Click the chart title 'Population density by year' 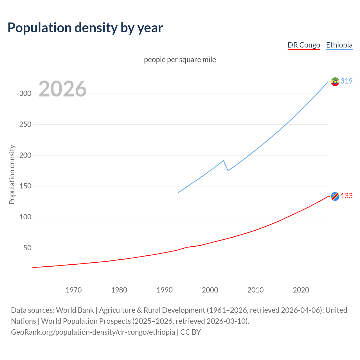tap(85, 28)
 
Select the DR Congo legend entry tap(304, 45)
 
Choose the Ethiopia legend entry tap(339, 45)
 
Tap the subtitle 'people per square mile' tap(180, 60)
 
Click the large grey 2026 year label tap(62, 89)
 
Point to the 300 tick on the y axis tap(25, 94)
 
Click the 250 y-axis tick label tap(25, 124)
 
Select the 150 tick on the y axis tap(25, 186)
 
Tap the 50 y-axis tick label tap(27, 248)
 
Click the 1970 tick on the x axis tap(74, 290)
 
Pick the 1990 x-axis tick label tap(165, 290)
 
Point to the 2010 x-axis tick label tap(255, 290)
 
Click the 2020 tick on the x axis tap(301, 290)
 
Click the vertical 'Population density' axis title tap(12, 174)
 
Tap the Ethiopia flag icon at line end tap(335, 82)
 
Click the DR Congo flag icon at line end tap(335, 196)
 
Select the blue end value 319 tap(346, 81)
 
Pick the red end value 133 tap(346, 196)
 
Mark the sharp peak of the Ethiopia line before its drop tap(223, 161)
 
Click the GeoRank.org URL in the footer tap(93, 332)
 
